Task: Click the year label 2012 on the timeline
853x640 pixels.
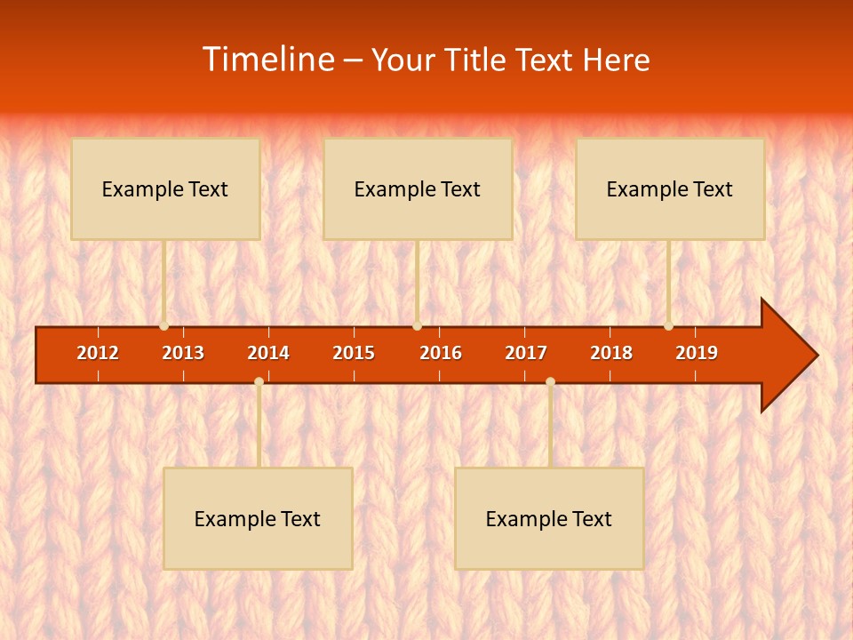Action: [98, 353]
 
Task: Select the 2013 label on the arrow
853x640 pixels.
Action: [183, 353]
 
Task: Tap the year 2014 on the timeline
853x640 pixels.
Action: [268, 353]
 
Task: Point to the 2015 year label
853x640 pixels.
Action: [354, 353]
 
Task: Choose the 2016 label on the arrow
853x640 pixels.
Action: [441, 353]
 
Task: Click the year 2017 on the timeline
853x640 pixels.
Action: [526, 353]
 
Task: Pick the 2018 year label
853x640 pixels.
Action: [611, 353]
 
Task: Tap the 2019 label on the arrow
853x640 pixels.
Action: [697, 353]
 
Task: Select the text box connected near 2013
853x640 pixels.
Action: [165, 188]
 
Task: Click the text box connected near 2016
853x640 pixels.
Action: [418, 188]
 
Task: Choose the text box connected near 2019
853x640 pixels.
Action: [670, 188]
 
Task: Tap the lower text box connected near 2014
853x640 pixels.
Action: [258, 518]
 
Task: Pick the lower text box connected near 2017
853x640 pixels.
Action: [549, 518]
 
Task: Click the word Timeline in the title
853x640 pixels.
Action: [267, 60]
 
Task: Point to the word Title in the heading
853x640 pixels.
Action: [479, 60]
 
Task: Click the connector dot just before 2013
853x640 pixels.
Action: [164, 326]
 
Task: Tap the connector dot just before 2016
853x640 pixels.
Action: [417, 326]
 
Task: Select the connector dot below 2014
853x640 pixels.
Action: [259, 382]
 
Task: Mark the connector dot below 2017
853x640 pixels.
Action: [550, 382]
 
